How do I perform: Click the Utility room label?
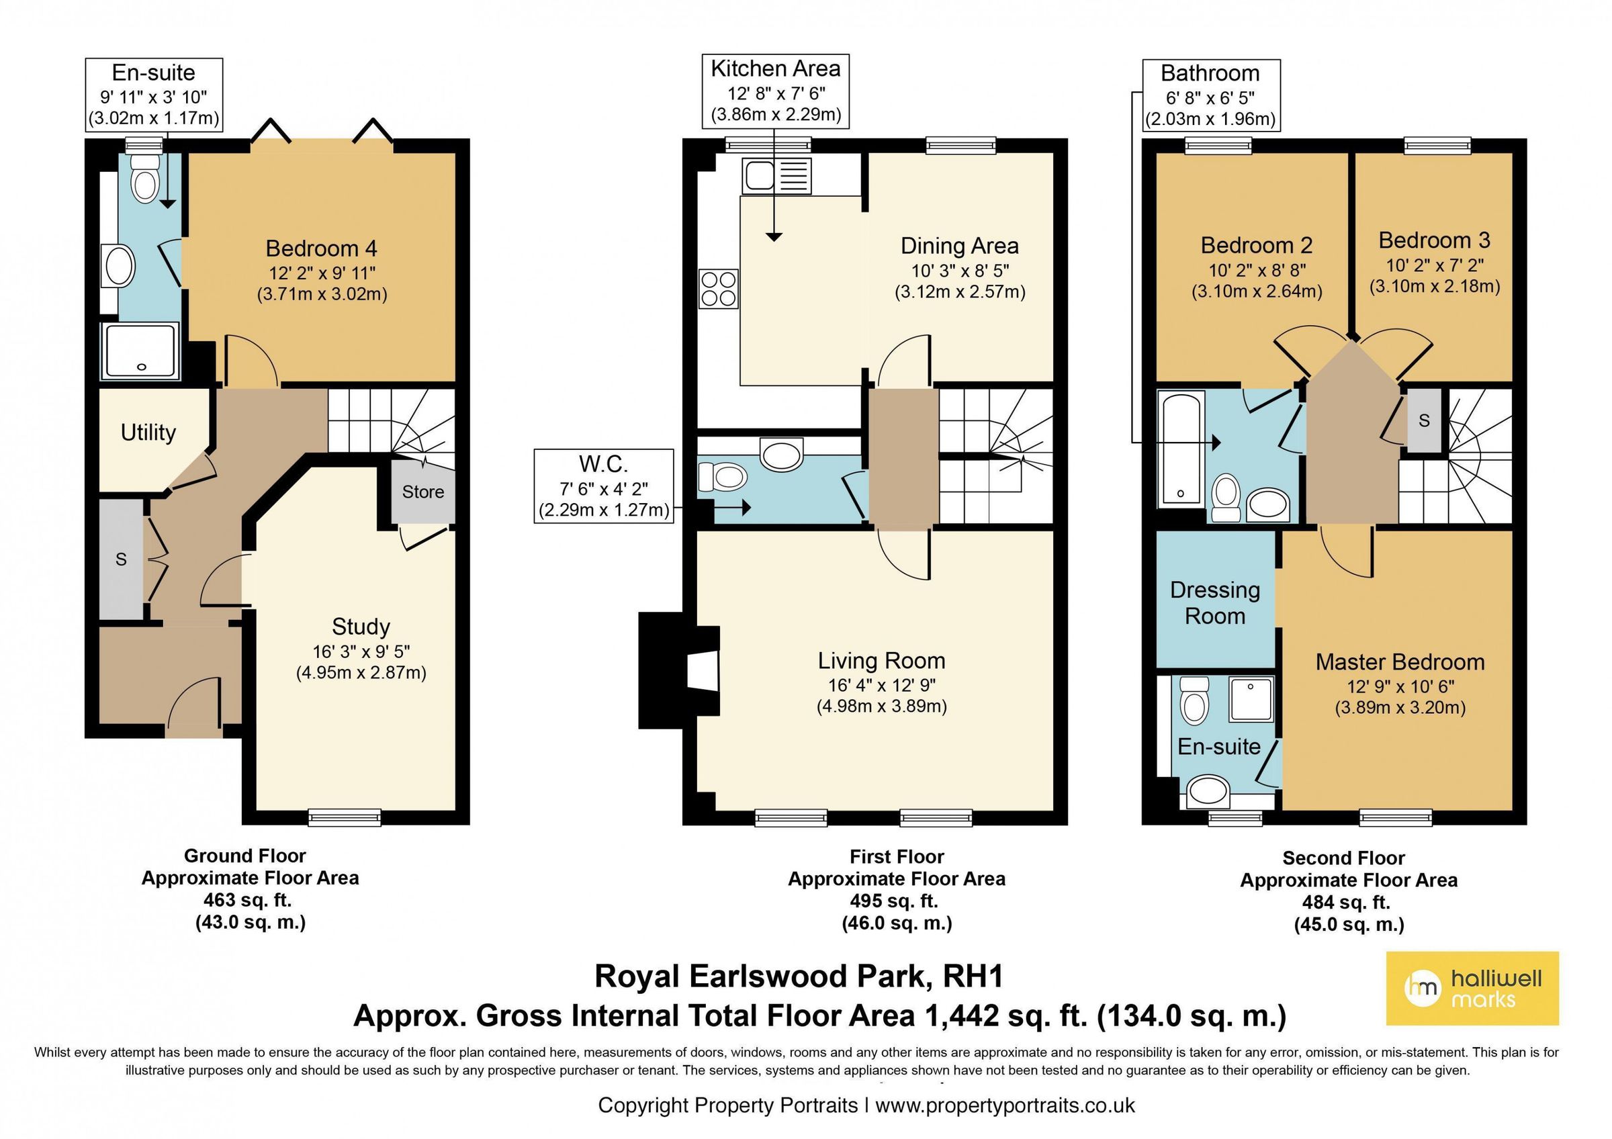tap(148, 432)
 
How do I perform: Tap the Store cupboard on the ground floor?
tap(422, 492)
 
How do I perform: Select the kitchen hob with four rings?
tap(718, 289)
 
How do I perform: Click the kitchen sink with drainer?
tap(776, 175)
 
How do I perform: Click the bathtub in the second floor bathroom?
tap(1181, 450)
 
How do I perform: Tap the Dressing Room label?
tap(1214, 603)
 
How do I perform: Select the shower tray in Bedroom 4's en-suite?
tap(141, 351)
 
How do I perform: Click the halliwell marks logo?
tap(1472, 988)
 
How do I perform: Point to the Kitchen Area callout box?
tap(775, 92)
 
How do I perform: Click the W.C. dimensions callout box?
tap(604, 486)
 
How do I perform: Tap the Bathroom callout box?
tap(1210, 95)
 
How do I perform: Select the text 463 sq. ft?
tap(247, 900)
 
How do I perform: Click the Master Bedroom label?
tap(1399, 662)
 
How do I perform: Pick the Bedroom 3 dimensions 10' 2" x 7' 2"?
tap(1435, 265)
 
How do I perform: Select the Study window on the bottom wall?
tap(344, 816)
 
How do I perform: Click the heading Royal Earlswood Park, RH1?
tap(799, 976)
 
